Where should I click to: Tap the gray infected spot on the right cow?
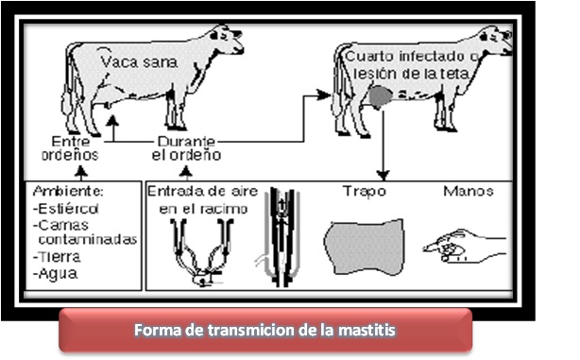coord(380,96)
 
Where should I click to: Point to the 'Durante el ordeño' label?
coord(189,146)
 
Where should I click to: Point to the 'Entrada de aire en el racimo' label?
coord(197,198)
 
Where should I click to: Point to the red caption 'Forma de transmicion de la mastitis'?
coord(264,331)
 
